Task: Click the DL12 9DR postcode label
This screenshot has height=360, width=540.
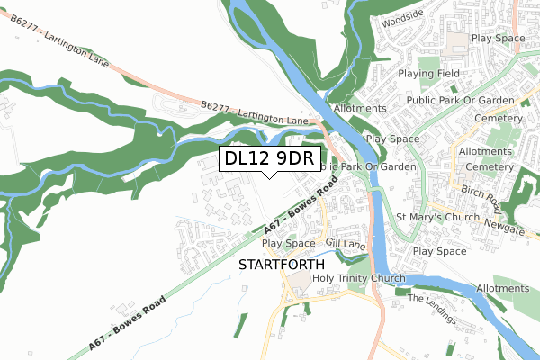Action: (x=269, y=158)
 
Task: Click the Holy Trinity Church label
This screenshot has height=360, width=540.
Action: (x=359, y=278)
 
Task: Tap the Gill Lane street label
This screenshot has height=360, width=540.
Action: (x=345, y=243)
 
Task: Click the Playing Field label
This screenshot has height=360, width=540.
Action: (x=428, y=74)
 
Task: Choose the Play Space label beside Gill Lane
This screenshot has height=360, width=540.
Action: (x=288, y=243)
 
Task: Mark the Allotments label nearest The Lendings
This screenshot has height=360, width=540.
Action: (x=503, y=288)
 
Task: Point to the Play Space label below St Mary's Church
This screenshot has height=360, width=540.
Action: (x=440, y=251)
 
